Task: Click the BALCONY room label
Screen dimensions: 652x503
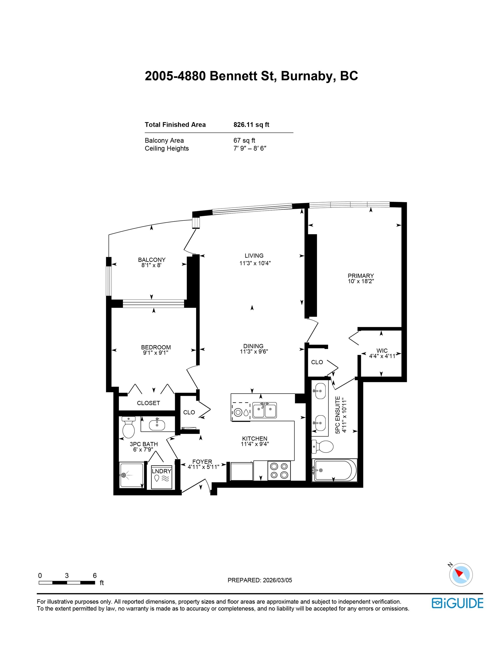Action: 151,260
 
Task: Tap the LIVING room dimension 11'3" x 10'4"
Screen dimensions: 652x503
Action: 255,263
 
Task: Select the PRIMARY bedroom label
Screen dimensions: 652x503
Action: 361,276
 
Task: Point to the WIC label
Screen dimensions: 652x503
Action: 382,351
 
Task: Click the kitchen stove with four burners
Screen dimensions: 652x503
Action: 279,471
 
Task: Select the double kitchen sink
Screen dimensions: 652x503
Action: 264,410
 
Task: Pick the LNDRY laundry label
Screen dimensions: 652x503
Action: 161,471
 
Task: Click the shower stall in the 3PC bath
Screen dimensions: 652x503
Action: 131,475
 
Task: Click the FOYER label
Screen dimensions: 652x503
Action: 202,462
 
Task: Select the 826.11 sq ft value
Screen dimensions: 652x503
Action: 251,125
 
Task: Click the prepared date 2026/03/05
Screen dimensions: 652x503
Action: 277,580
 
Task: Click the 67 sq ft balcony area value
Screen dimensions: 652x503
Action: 244,140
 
